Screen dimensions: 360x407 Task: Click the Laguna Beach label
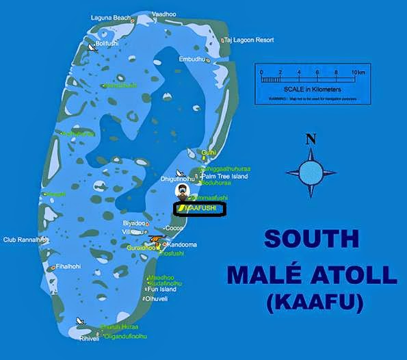click(111, 17)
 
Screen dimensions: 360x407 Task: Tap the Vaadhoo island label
click(163, 14)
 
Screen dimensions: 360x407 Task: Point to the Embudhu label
click(192, 60)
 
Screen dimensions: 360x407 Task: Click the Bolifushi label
click(108, 44)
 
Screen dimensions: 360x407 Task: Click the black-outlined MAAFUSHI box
click(200, 208)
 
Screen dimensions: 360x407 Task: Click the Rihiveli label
click(89, 338)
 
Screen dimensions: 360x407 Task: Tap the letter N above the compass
click(311, 139)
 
